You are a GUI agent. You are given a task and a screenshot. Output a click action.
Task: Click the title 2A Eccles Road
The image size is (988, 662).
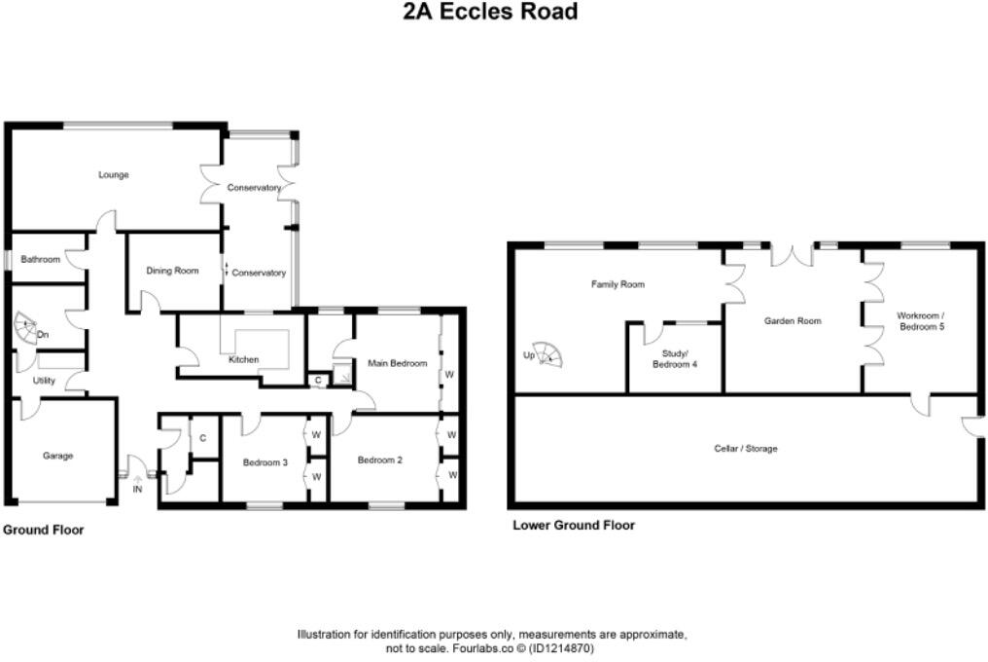pos(491,12)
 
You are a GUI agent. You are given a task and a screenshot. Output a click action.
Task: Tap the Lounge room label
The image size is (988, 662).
pos(114,175)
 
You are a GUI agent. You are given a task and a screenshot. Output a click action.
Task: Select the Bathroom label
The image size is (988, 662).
pos(41,260)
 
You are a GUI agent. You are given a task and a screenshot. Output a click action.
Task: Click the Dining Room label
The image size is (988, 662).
pos(172,271)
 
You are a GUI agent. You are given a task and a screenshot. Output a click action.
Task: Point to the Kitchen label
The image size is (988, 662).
pos(243,360)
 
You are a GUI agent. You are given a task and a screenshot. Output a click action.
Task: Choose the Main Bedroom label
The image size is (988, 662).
pos(397,363)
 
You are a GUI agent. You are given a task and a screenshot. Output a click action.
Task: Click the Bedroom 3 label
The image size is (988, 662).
pos(265,462)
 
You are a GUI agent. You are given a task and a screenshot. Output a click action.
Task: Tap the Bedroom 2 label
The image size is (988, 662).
pos(379,460)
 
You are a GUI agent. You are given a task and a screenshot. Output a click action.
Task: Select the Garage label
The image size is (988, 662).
pos(57,456)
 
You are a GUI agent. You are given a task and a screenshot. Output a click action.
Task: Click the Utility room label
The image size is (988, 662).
pos(44,381)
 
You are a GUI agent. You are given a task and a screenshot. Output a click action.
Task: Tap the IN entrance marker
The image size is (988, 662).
pos(137,489)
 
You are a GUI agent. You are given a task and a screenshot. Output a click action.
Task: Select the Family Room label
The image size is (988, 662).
pos(617,285)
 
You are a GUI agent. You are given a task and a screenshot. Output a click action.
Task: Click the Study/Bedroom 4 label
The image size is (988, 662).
pos(674,357)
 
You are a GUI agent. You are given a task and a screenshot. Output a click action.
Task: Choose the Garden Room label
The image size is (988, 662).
pos(793,321)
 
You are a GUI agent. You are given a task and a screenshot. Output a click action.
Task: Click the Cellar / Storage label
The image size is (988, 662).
pos(745,449)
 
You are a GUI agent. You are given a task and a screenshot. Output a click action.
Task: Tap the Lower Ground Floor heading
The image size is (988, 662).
pos(574,526)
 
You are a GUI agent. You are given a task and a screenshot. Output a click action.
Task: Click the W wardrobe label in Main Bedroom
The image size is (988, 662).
pos(449,373)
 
